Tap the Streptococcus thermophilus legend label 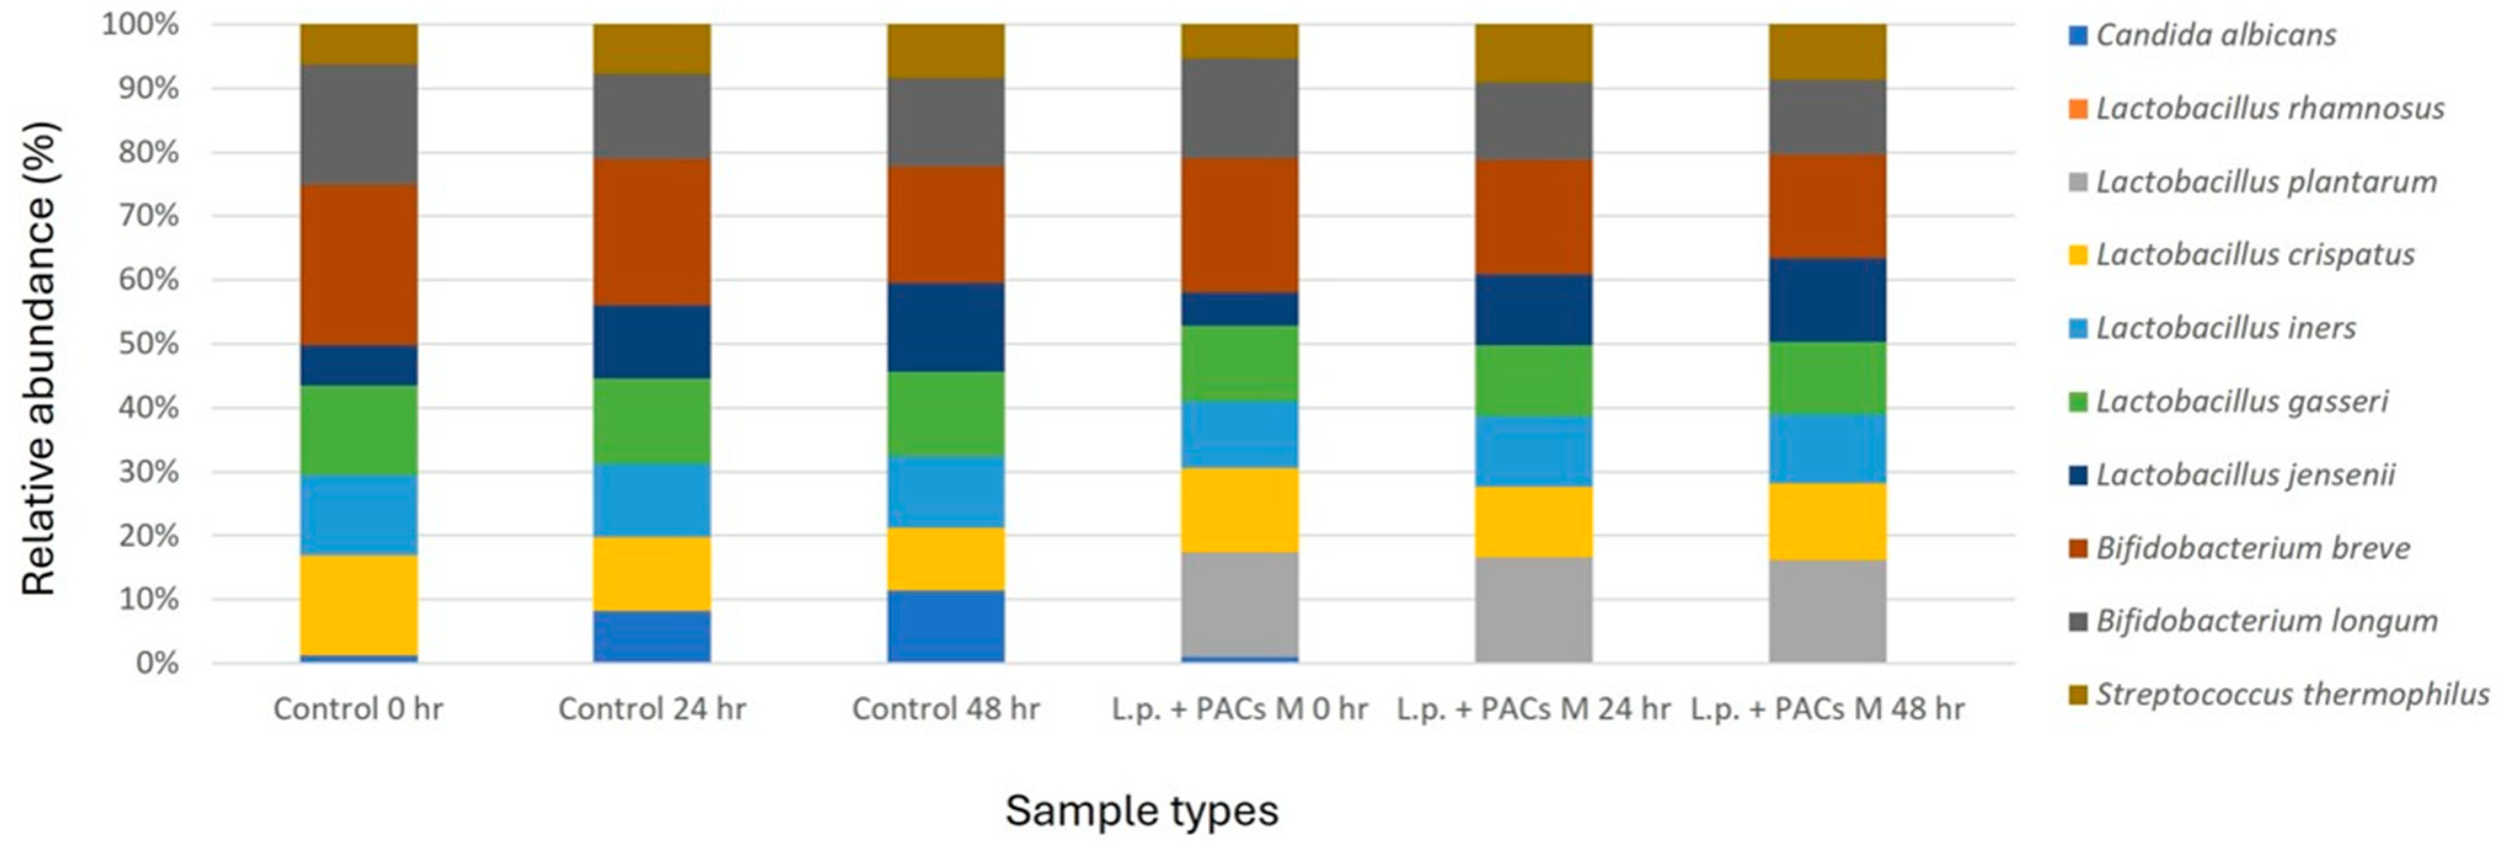pyautogui.click(x=2292, y=694)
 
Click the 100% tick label pyautogui.click(x=141, y=25)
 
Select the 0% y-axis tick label pyautogui.click(x=157, y=663)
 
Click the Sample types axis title pyautogui.click(x=1141, y=810)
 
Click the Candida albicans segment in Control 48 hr pyautogui.click(x=946, y=626)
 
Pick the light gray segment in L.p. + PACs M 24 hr pyautogui.click(x=1534, y=610)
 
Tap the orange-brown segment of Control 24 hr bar pyautogui.click(x=652, y=232)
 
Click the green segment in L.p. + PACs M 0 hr pyautogui.click(x=1240, y=363)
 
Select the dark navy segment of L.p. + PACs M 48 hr pyautogui.click(x=1827, y=300)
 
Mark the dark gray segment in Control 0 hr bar pyautogui.click(x=359, y=125)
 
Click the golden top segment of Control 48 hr pyautogui.click(x=946, y=50)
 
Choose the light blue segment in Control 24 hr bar pyautogui.click(x=652, y=500)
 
